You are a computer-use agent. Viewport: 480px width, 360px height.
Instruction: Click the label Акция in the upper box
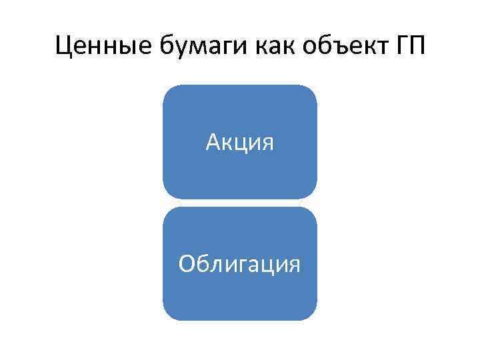pyautogui.click(x=240, y=142)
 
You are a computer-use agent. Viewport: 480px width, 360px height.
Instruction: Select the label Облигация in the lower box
pyautogui.click(x=240, y=264)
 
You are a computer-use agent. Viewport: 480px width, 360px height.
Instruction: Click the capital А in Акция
pyautogui.click(x=213, y=141)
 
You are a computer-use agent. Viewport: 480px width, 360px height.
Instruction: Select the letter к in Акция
pyautogui.click(x=227, y=143)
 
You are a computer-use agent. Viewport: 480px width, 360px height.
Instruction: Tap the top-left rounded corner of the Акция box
pyautogui.click(x=169, y=91)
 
